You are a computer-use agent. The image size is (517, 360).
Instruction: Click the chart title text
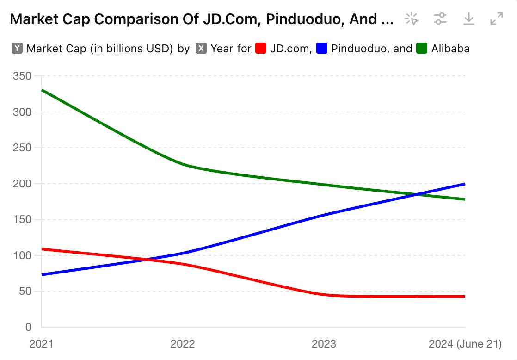pyautogui.click(x=202, y=19)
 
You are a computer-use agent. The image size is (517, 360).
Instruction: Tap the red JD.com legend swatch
pyautogui.click(x=261, y=48)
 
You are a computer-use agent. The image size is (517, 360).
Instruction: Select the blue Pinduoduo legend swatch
pyautogui.click(x=322, y=48)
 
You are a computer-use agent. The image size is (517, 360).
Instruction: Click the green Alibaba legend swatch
pyautogui.click(x=422, y=48)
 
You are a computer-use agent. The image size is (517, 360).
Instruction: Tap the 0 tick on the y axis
pyautogui.click(x=28, y=327)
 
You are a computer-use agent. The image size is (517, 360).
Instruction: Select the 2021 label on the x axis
pyautogui.click(x=42, y=344)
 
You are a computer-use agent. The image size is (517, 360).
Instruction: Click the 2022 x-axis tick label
pyautogui.click(x=183, y=344)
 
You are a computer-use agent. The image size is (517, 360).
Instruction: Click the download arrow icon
pyautogui.click(x=468, y=19)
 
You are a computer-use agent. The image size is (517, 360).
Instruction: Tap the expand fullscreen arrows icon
pyautogui.click(x=496, y=19)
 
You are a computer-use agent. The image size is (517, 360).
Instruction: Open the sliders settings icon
pyautogui.click(x=440, y=19)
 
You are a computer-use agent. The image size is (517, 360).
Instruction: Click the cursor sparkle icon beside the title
pyautogui.click(x=411, y=19)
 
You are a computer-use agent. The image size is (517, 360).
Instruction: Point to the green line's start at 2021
pyautogui.click(x=42, y=90)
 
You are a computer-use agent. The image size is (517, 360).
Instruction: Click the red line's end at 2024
pyautogui.click(x=465, y=296)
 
